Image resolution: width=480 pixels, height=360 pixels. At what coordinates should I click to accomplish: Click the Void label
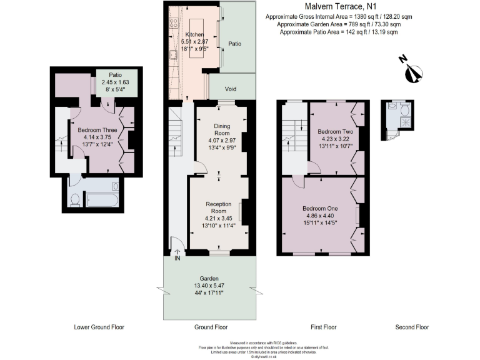click(x=231, y=89)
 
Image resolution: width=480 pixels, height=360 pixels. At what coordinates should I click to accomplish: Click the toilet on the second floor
click(x=404, y=110)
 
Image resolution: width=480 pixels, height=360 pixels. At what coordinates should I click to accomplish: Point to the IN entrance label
click(x=177, y=257)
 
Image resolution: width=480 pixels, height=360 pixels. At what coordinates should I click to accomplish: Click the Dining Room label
click(x=222, y=129)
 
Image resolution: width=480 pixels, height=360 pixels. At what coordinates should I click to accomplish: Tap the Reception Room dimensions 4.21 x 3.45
click(x=219, y=218)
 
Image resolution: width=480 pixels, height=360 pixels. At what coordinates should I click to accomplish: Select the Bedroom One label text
click(x=320, y=208)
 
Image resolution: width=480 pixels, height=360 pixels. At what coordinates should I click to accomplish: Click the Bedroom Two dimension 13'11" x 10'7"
click(x=335, y=146)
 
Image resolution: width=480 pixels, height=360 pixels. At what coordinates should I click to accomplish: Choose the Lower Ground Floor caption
click(x=99, y=327)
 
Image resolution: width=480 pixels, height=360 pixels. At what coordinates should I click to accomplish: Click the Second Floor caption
click(x=412, y=327)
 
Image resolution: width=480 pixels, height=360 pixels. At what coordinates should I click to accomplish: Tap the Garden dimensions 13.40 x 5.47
click(x=208, y=286)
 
